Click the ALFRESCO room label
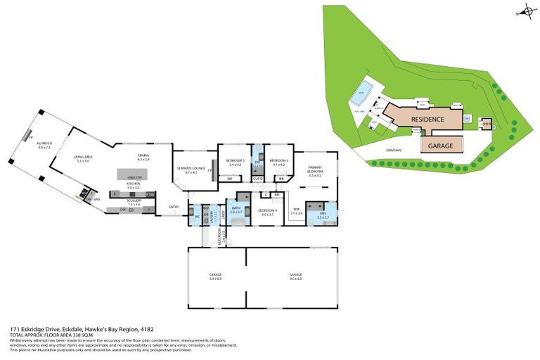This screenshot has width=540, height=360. click(44, 145)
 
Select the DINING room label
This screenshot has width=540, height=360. click(144, 158)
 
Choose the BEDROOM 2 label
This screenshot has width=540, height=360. click(235, 162)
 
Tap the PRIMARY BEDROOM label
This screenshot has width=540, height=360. click(314, 171)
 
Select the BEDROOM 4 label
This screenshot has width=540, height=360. click(266, 212)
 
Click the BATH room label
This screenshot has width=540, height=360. click(236, 209)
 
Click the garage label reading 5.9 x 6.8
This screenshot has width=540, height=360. click(215, 276)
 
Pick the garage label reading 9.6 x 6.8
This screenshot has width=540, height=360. click(295, 276)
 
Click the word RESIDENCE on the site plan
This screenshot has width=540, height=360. click(427, 120)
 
